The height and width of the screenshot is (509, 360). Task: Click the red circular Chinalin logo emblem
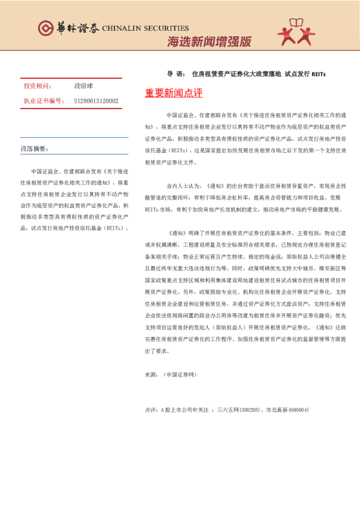(x=46, y=28)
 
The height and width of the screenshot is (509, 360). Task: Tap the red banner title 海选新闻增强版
(x=209, y=42)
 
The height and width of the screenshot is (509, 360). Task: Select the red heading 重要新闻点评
(x=174, y=94)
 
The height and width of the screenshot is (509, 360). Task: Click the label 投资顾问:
(x=37, y=86)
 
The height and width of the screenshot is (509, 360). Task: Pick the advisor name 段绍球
(x=83, y=86)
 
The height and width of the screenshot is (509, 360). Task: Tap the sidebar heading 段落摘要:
(x=33, y=148)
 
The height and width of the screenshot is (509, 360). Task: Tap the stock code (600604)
(x=296, y=410)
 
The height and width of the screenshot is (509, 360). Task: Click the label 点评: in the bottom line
(x=151, y=410)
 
